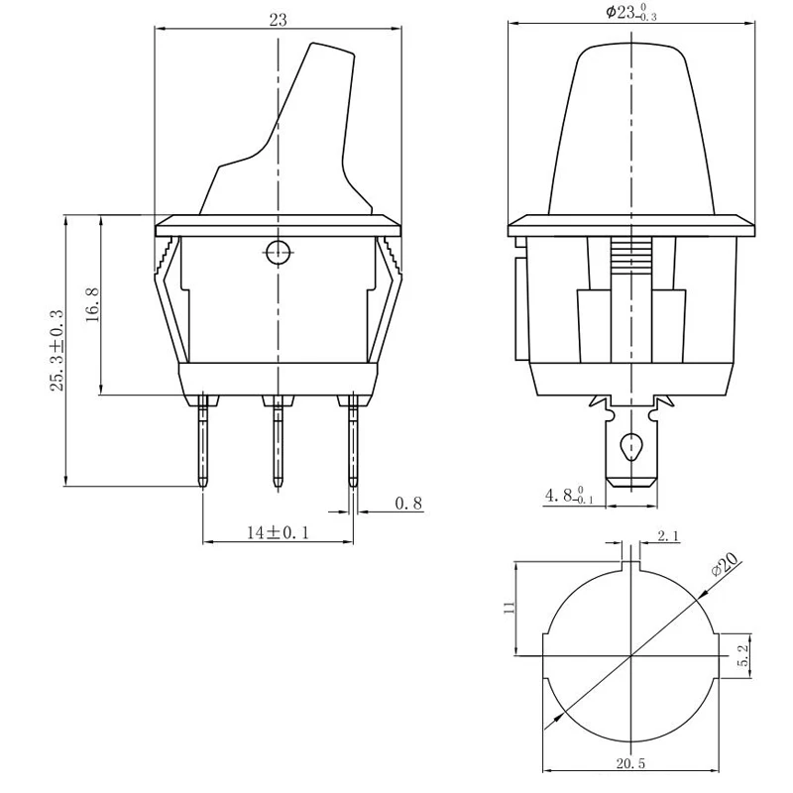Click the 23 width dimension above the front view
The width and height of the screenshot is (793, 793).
(278, 20)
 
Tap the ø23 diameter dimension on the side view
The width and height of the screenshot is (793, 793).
(631, 13)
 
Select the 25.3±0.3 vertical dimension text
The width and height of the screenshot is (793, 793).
(57, 351)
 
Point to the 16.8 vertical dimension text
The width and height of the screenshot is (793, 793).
(92, 305)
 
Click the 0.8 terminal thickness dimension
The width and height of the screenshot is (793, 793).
(408, 504)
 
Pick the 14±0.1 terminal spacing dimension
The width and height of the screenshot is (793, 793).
(278, 532)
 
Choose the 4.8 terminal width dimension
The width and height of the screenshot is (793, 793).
(568, 495)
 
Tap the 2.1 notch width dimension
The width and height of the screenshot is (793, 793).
(668, 536)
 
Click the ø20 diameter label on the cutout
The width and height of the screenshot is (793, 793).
(725, 563)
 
